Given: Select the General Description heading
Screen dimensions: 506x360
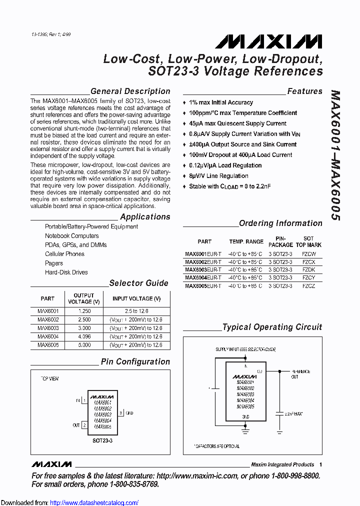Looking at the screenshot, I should click(x=130, y=91).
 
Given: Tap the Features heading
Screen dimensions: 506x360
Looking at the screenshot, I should click(x=304, y=91).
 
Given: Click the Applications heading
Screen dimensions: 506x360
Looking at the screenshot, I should click(x=145, y=217).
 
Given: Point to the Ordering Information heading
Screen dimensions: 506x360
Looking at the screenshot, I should click(x=280, y=223).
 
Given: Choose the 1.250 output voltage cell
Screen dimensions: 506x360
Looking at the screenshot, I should click(x=83, y=311).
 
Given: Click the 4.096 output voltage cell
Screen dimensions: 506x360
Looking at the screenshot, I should click(x=83, y=336).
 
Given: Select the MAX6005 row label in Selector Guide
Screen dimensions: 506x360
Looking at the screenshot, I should click(x=48, y=345).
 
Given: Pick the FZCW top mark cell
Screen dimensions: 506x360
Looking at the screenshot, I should click(x=308, y=254).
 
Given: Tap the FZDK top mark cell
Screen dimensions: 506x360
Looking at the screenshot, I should click(x=308, y=270).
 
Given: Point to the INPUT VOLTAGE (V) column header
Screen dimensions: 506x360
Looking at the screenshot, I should click(x=136, y=298).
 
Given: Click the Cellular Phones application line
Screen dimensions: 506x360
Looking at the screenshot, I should click(x=64, y=254).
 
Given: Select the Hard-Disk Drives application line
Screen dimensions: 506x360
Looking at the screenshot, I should click(x=66, y=272).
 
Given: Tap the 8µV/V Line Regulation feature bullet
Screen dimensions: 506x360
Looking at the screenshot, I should click(x=218, y=176).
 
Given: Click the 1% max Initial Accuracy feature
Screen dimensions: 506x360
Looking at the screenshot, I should click(x=221, y=102).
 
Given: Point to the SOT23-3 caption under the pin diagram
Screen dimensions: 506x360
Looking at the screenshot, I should click(x=102, y=441).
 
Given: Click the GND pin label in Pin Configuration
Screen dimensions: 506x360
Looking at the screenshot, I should click(x=129, y=413).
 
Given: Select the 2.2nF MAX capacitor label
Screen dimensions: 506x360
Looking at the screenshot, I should click(x=293, y=414).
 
